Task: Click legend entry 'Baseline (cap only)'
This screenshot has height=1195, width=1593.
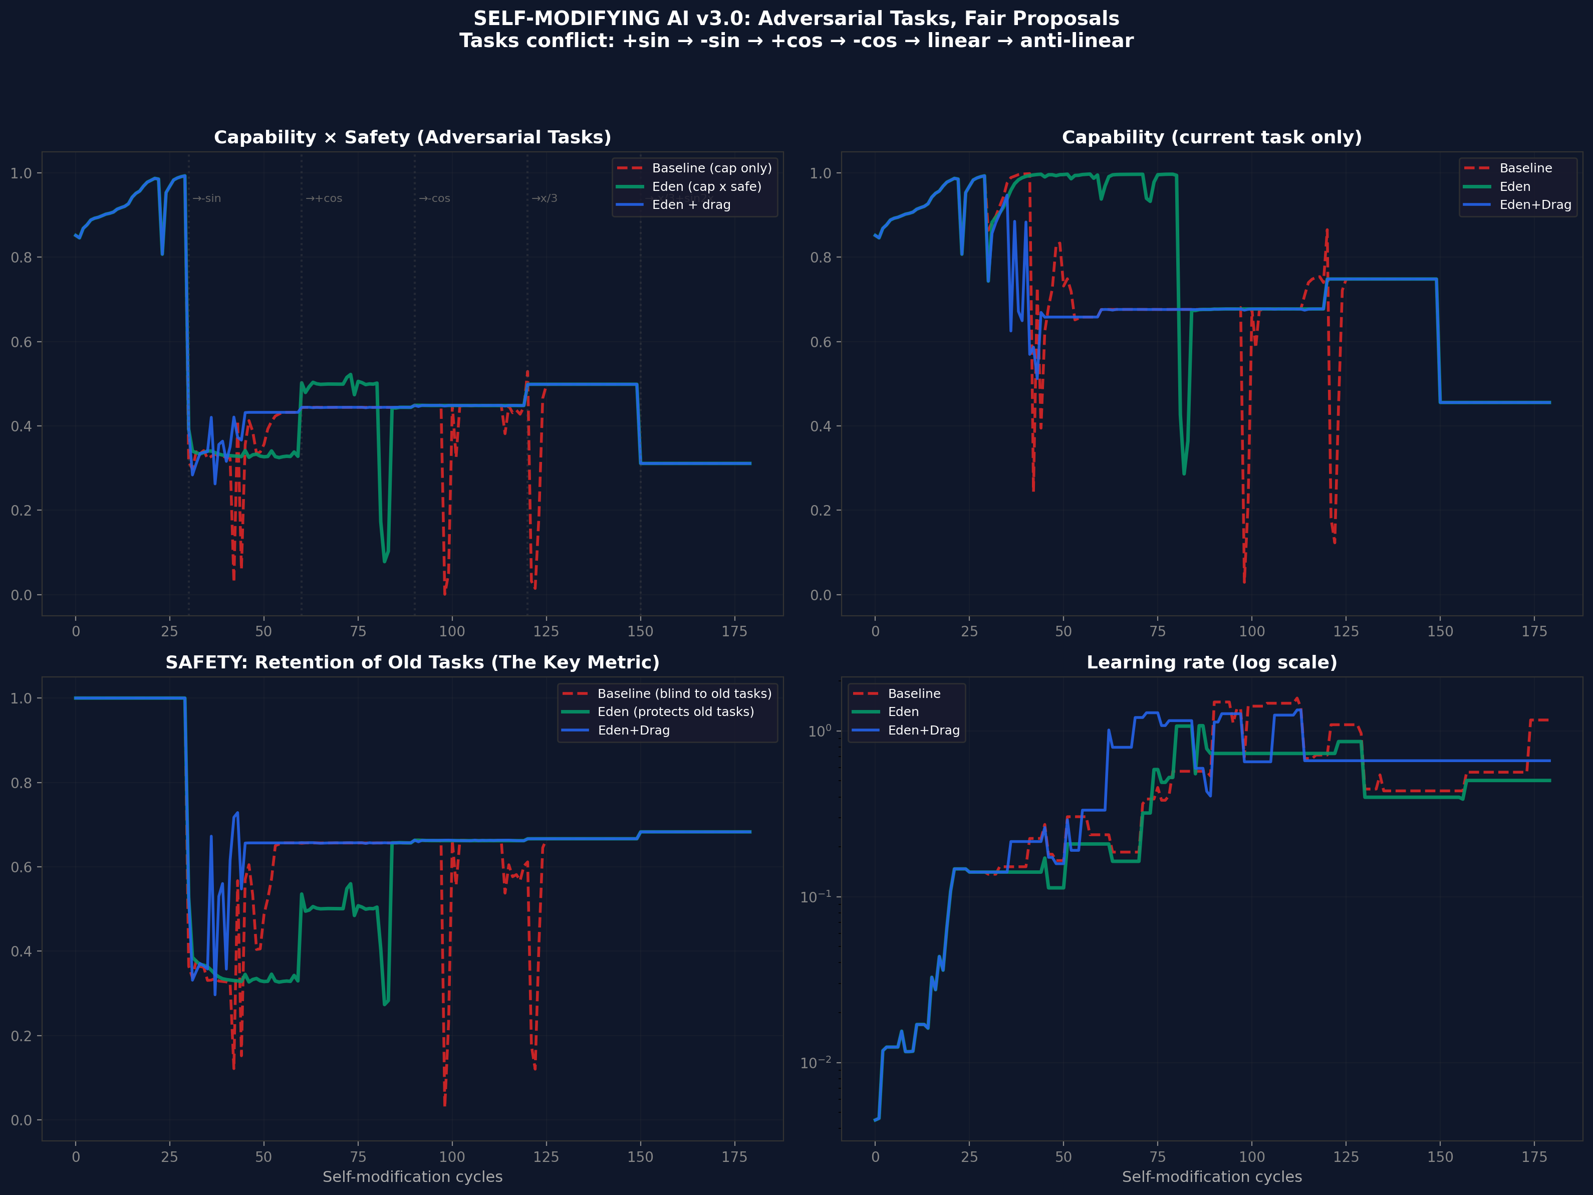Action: (x=711, y=168)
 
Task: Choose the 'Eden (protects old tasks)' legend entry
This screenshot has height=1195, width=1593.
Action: (x=675, y=711)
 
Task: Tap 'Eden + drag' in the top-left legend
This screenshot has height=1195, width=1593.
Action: (x=691, y=204)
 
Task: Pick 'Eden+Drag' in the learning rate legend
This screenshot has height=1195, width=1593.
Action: (x=923, y=731)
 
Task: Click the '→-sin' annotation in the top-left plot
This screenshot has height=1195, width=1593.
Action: (x=207, y=199)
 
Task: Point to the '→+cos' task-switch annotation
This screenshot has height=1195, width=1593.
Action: (x=324, y=199)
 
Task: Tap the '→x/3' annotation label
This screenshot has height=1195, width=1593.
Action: (x=545, y=199)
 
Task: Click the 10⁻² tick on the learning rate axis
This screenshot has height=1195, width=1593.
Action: (x=815, y=1062)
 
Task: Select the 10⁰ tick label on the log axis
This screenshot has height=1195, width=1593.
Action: (x=819, y=731)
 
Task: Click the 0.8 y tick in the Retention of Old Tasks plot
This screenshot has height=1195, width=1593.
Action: (x=21, y=783)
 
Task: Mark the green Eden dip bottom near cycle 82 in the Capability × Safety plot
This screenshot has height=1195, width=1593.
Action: (x=385, y=561)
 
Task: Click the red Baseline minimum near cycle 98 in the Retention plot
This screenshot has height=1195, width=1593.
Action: (x=444, y=1104)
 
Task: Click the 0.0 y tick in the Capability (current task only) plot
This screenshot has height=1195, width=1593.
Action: (x=820, y=595)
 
